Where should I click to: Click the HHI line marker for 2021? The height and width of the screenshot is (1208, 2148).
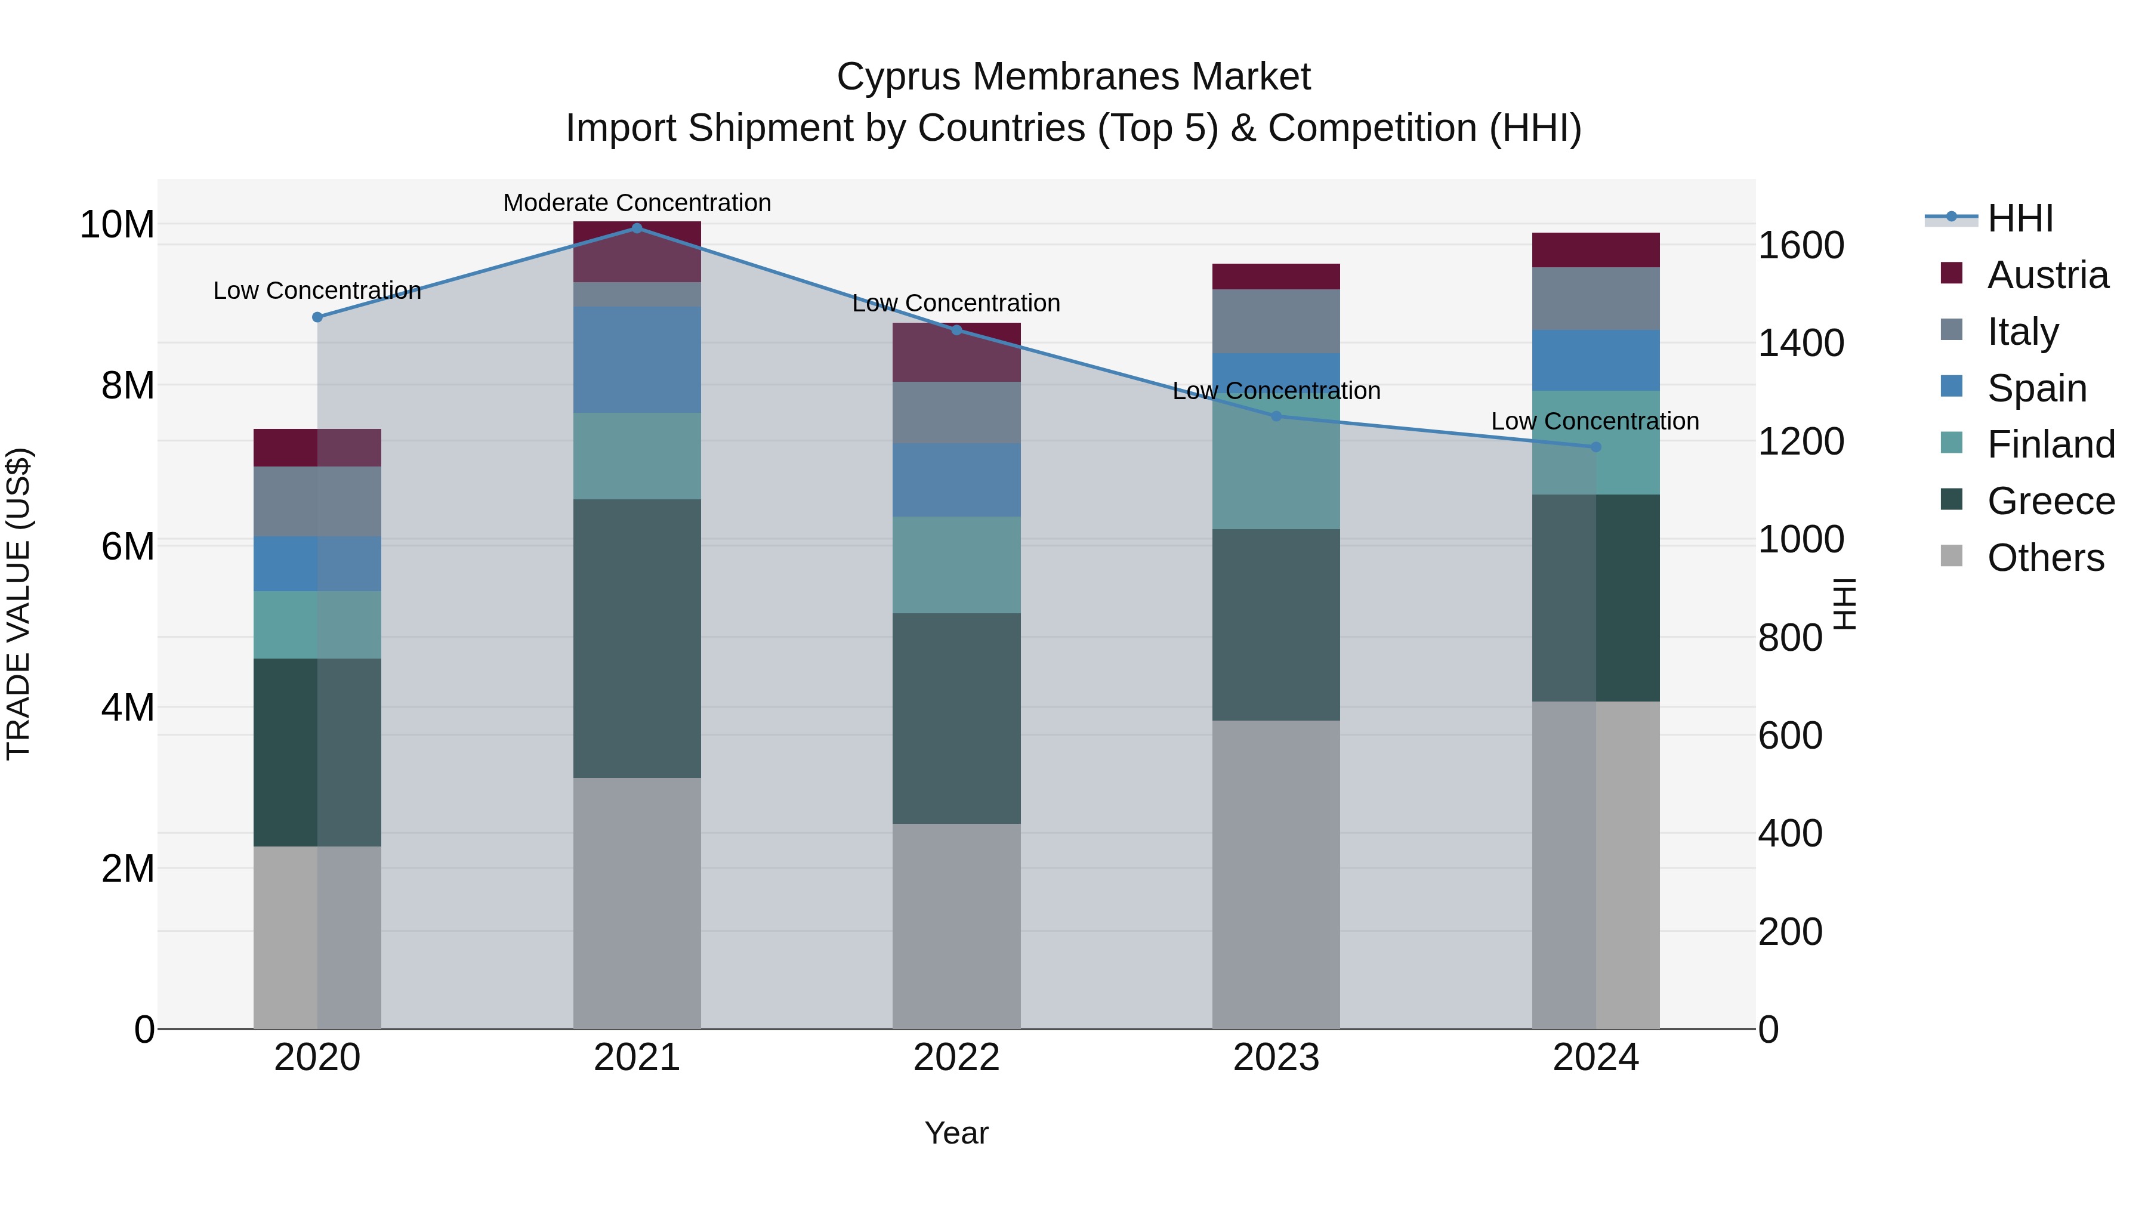(637, 228)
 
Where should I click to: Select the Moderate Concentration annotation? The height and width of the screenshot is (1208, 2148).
(637, 203)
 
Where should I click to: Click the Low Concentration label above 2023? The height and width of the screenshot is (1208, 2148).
(1276, 390)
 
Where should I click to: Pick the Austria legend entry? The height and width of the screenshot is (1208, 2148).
(2047, 275)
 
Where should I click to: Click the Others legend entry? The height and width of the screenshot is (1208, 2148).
(2045, 558)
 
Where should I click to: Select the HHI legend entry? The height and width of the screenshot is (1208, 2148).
(2020, 218)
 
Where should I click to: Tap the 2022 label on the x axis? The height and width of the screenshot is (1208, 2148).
(956, 1058)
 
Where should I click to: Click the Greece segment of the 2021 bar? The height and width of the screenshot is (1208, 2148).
(637, 638)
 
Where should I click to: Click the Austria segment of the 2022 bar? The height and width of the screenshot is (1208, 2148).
(956, 352)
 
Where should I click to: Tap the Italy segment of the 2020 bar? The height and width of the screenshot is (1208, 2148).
(317, 501)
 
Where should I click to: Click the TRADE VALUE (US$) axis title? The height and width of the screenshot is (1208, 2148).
(18, 604)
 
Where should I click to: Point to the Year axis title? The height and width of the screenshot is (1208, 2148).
(956, 1133)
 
